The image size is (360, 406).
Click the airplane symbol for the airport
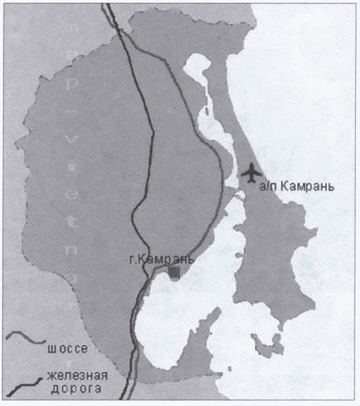tap(252, 173)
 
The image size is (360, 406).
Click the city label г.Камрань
tap(161, 258)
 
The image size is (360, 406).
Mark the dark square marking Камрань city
tap(175, 271)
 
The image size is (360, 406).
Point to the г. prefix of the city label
tap(132, 258)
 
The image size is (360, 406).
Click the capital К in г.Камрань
tap(139, 258)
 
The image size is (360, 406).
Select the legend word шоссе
tap(69, 350)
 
